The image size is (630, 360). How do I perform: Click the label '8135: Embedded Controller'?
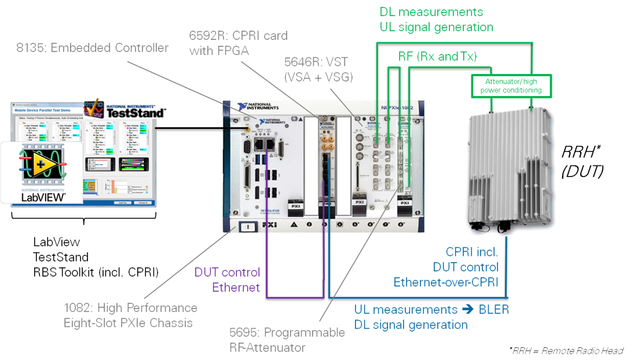(92, 47)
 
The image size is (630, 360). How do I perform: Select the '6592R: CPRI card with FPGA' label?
(238, 43)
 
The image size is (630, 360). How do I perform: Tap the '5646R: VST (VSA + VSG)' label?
(318, 68)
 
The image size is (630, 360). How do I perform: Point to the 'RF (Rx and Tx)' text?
(437, 56)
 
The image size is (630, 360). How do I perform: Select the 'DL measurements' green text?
(431, 12)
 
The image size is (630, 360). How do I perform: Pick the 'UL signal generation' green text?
(437, 27)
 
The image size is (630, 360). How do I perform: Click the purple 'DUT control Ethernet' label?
(227, 280)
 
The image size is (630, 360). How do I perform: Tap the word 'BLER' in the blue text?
(493, 310)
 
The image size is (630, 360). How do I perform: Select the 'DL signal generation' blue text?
(411, 325)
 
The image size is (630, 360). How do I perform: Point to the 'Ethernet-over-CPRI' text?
(446, 282)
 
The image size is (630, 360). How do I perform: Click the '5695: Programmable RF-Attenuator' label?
(287, 340)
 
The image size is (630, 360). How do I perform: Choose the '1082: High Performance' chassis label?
(130, 308)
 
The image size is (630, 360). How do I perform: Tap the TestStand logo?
(124, 108)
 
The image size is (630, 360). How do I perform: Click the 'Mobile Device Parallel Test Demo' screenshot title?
(46, 108)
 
